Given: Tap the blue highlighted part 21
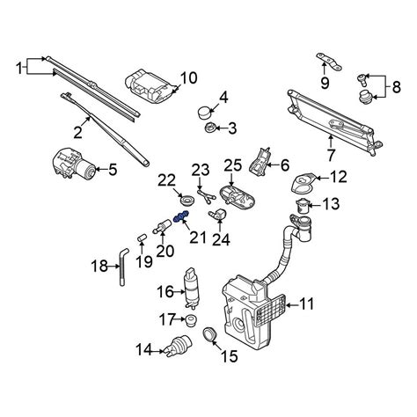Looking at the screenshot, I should click(x=181, y=220).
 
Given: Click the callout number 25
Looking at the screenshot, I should click(x=231, y=165).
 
